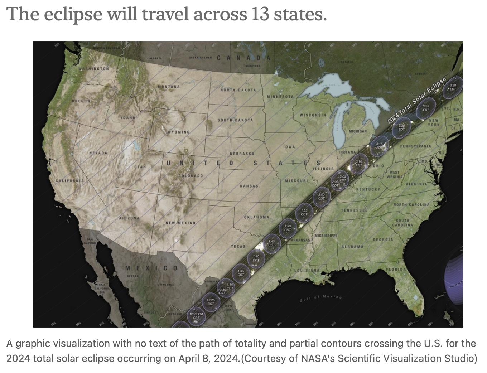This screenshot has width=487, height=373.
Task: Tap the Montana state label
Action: click(169, 87)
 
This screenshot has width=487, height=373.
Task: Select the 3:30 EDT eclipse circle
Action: click(453, 87)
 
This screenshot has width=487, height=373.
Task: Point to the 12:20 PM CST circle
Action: click(196, 315)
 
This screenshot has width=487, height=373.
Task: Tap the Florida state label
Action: click(396, 269)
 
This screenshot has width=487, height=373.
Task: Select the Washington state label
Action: click(93, 68)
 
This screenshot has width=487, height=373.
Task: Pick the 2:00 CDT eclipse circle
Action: click(321, 196)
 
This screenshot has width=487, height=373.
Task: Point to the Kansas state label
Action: click(249, 186)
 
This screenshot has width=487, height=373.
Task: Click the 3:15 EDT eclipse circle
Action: click(379, 145)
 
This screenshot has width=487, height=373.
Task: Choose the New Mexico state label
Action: click(180, 223)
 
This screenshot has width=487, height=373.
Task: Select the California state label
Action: click(69, 180)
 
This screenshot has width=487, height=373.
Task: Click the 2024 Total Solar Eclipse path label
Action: click(417, 100)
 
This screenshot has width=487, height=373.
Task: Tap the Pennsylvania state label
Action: click(415, 146)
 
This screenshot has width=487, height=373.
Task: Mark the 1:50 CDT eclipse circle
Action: click(287, 228)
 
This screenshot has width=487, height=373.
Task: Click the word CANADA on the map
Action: click(243, 58)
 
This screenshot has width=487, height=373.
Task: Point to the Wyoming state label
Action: click(179, 132)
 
